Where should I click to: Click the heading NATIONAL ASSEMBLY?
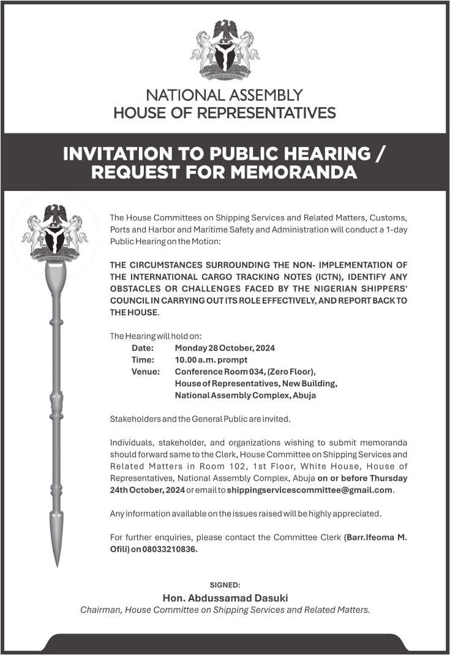(225, 95)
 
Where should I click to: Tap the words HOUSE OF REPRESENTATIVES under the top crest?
(225, 113)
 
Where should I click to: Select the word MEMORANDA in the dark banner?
(293, 172)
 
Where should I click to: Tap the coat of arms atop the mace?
(55, 233)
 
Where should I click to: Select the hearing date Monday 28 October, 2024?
(225, 348)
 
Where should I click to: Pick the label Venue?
(146, 372)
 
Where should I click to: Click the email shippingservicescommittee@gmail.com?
(310, 490)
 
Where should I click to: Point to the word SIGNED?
(225, 585)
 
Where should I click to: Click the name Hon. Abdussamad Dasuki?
(225, 597)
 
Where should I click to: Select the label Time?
(143, 360)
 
